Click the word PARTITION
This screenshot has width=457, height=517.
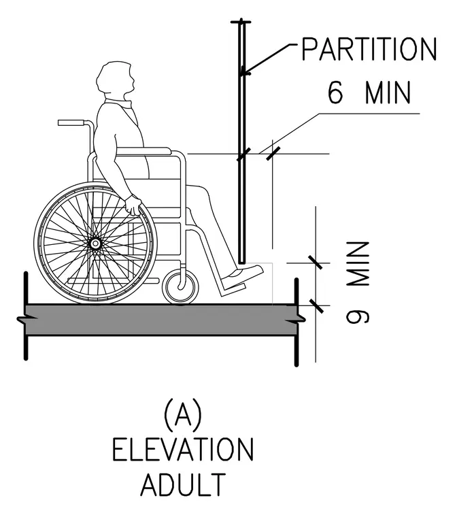click(x=369, y=49)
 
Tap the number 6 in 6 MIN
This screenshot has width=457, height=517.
click(x=336, y=93)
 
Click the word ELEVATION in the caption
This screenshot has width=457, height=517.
click(x=183, y=449)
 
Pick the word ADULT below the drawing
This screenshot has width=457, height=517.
click(x=184, y=484)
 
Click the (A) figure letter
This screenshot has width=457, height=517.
click(x=183, y=414)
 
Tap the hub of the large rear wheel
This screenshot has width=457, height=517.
click(x=95, y=244)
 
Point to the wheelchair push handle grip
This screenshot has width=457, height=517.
click(x=71, y=122)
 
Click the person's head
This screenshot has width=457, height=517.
click(x=116, y=78)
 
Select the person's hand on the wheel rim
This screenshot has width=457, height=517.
click(x=133, y=205)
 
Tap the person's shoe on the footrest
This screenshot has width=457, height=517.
click(x=243, y=275)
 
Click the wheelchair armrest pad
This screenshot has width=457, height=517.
click(x=144, y=151)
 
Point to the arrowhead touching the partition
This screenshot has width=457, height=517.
click(x=243, y=73)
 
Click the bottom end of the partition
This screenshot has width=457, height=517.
click(x=242, y=263)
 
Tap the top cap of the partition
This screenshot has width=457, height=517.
click(x=241, y=22)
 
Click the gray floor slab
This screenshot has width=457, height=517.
click(x=162, y=320)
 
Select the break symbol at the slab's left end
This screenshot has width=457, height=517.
click(x=23, y=320)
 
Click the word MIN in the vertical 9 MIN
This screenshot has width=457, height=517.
click(x=358, y=265)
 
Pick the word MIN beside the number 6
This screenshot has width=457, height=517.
click(x=388, y=93)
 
